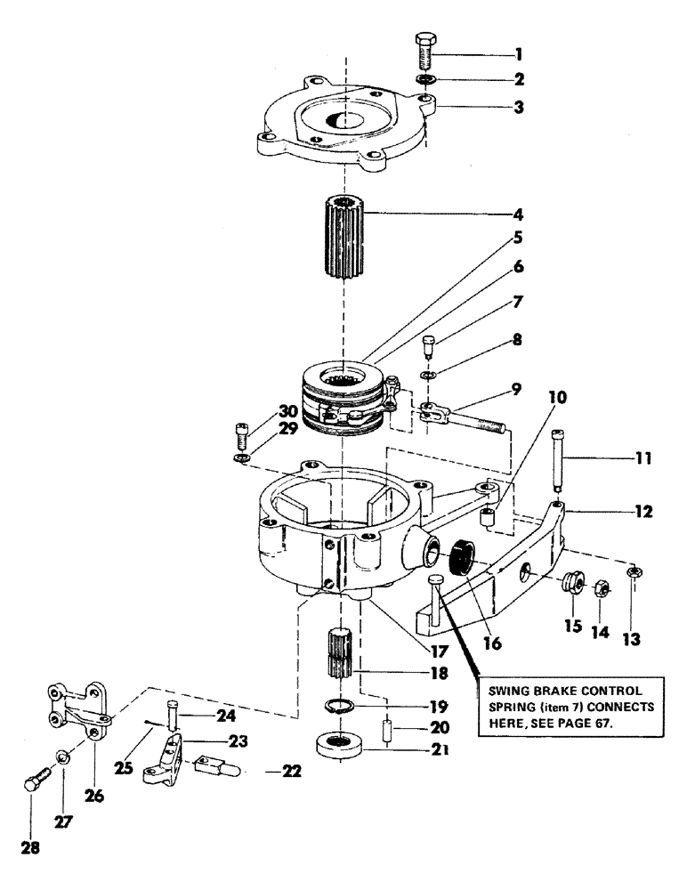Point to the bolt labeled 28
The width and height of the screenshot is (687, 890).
click(x=33, y=784)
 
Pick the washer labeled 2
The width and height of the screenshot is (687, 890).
click(x=424, y=80)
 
